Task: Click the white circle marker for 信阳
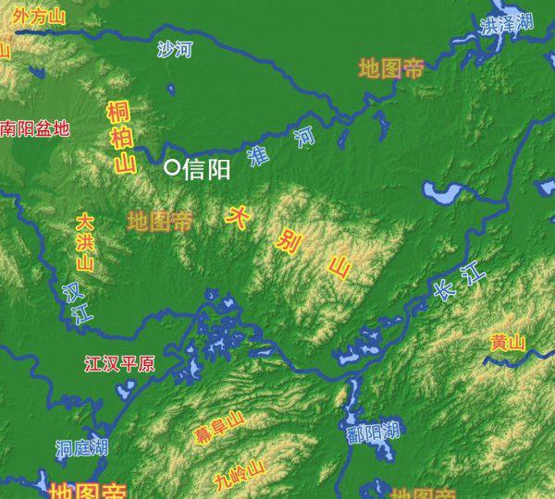coord(171,167)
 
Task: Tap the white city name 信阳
coord(207,168)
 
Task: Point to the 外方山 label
coord(39,18)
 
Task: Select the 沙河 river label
coord(173,50)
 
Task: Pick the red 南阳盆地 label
coord(35,129)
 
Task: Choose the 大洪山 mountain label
coord(84,243)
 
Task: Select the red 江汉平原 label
coord(119,363)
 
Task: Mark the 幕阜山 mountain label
coord(218,427)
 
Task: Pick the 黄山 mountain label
coord(508,343)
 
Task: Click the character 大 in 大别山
coord(238,216)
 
